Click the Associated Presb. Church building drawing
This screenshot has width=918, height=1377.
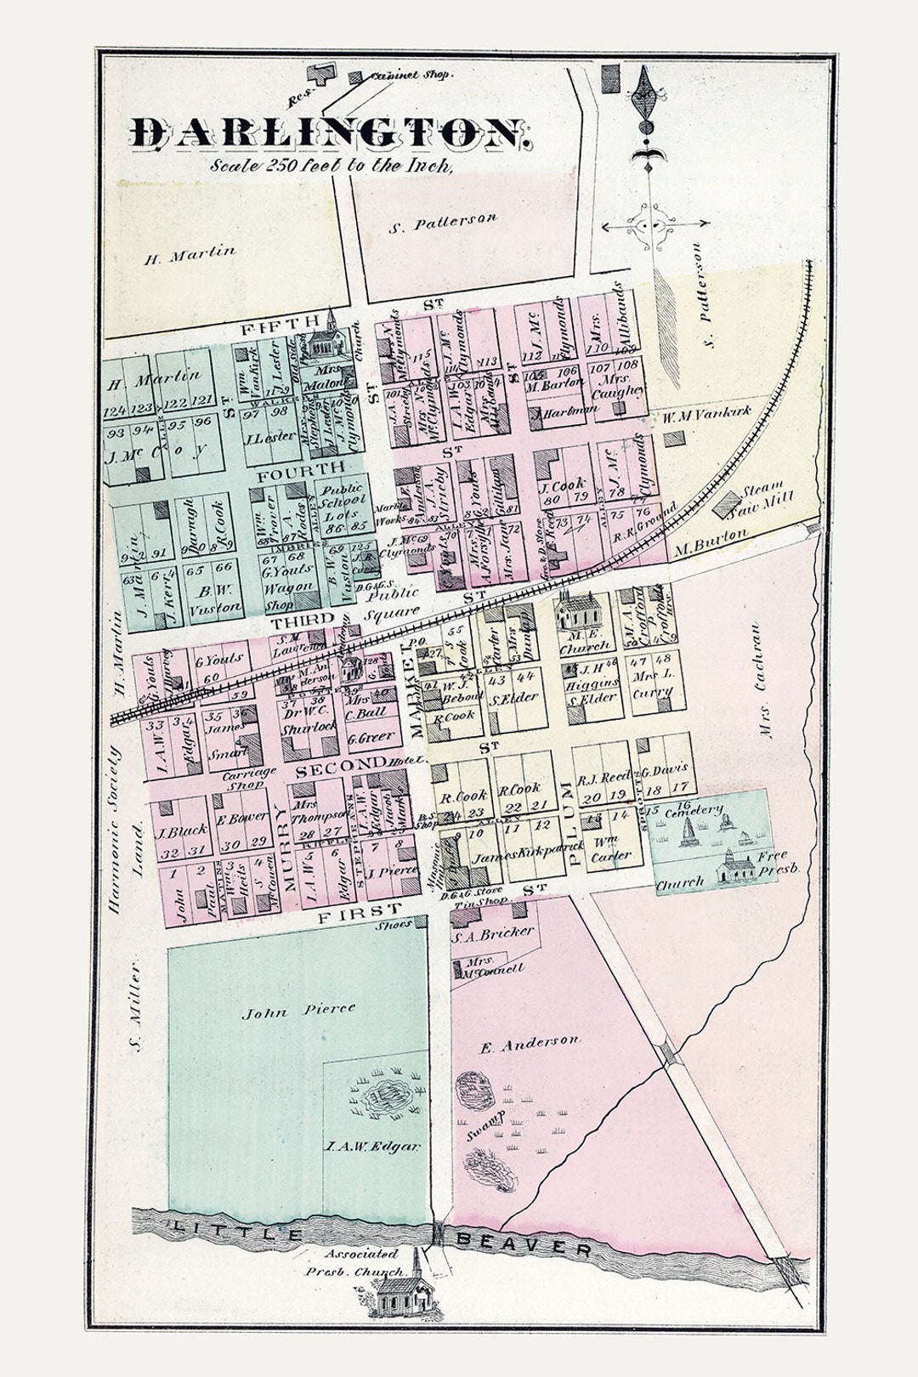point(405,1294)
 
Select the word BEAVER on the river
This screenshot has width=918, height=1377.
point(524,1244)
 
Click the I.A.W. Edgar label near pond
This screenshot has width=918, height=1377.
point(372,1147)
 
